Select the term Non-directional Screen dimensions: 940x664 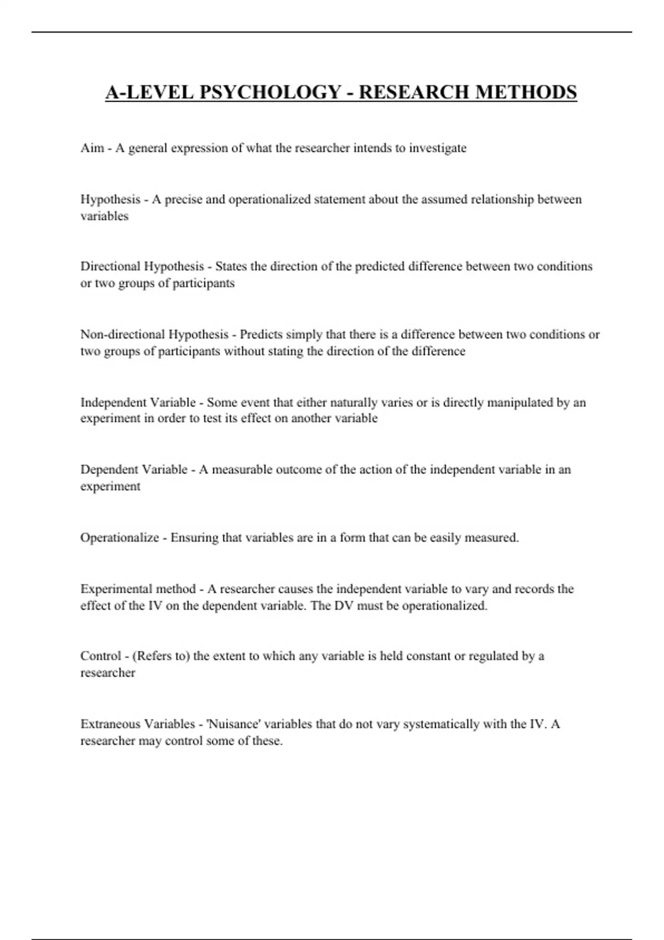click(x=123, y=335)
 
